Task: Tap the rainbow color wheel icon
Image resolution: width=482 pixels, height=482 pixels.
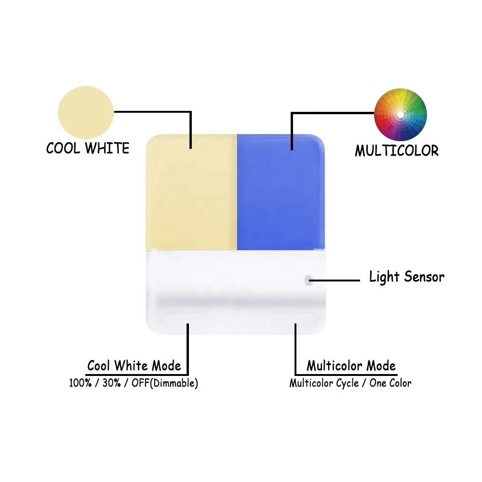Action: pos(401,114)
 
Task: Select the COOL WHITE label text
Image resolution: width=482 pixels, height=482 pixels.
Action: pos(88,148)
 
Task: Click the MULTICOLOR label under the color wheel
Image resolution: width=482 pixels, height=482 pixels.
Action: pos(397,151)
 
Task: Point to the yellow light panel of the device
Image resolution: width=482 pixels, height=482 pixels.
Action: pos(191,193)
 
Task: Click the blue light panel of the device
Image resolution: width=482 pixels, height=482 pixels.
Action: pos(280,193)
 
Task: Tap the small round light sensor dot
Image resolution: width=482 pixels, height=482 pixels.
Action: pos(308,279)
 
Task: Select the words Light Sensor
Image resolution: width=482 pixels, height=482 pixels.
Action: pos(406,277)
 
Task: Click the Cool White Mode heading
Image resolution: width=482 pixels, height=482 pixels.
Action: pos(134,366)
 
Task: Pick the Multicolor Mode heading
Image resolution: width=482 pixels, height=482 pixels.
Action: pos(351,366)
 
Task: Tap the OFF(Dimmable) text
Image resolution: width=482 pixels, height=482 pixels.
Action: pos(164,384)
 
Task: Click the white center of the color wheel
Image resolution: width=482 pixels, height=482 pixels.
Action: pos(401,115)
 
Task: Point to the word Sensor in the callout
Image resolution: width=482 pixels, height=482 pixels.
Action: pos(425,277)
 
